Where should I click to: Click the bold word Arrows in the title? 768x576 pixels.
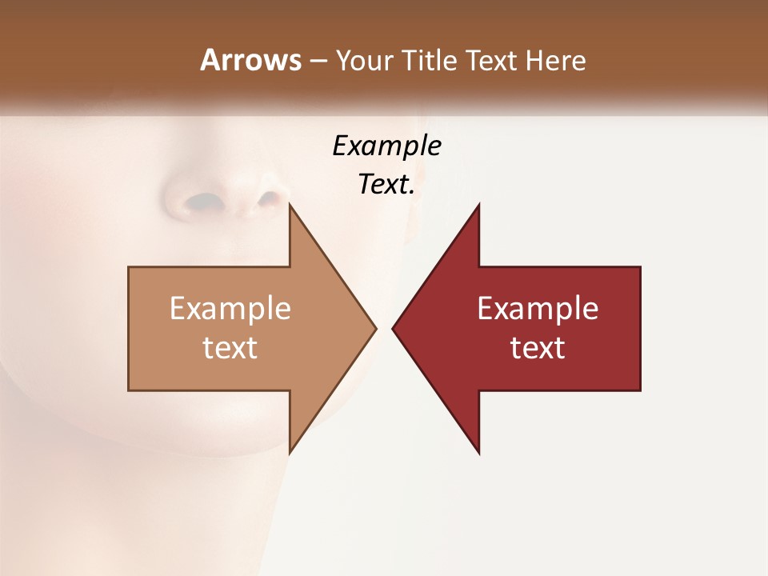coord(250,60)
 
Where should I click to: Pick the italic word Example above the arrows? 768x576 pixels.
coord(386,146)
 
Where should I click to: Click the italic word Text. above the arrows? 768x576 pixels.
coord(386,184)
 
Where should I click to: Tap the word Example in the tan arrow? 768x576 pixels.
coord(230,308)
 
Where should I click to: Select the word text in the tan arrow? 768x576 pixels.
coord(230,347)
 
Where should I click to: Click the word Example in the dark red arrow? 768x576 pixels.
coord(538,308)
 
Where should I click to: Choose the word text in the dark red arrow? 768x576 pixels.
coord(538,347)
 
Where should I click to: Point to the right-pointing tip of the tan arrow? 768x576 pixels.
coord(375,328)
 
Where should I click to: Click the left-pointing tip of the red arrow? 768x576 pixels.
coord(393,328)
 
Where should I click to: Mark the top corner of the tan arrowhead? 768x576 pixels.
coord(290,205)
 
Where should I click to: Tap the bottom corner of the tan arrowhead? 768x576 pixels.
coord(290,453)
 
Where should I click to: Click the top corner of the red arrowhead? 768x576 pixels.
coord(478,205)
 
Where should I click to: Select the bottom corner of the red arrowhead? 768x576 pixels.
coord(478,453)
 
